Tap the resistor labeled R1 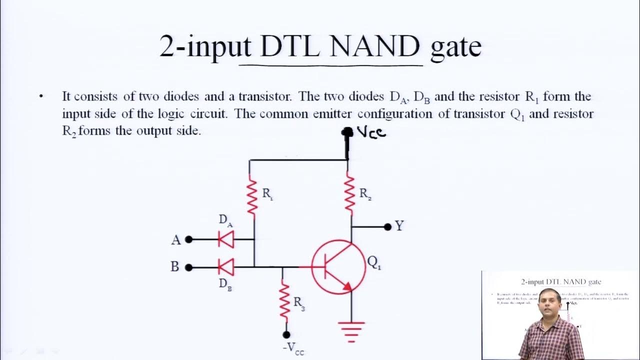point(252,196)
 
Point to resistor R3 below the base point(284,300)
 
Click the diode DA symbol point(226,239)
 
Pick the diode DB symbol point(226,267)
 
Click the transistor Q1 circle point(338,266)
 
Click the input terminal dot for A point(188,239)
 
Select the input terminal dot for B point(188,267)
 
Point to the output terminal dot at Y point(387,227)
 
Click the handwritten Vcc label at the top point(370,132)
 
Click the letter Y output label point(399,226)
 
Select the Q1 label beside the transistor point(374,262)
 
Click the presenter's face point(550,303)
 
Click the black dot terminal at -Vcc point(286,334)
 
